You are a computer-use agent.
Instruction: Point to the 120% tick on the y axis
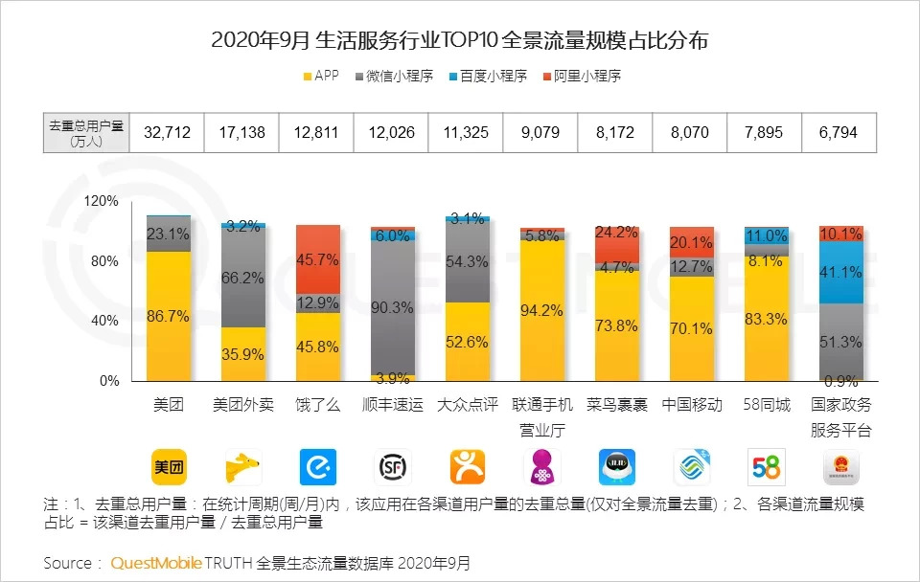[101, 201]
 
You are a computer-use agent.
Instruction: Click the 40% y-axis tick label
[103, 321]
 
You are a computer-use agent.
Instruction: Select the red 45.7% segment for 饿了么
[317, 258]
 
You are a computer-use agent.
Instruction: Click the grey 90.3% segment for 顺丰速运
[392, 306]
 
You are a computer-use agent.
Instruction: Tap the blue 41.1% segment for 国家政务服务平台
[840, 272]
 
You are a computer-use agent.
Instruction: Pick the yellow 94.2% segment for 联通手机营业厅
[541, 310]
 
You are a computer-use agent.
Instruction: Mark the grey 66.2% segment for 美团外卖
[242, 278]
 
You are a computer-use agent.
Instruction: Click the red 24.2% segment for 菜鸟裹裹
[616, 244]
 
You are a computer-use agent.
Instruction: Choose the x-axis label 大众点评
[467, 405]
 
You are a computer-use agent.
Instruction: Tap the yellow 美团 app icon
[168, 467]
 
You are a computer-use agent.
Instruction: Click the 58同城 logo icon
[766, 467]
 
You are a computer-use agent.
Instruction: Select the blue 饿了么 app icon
[317, 467]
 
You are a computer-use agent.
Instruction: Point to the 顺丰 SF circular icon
[392, 467]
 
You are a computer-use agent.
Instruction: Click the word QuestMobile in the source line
[155, 563]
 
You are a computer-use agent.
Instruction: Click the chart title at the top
[460, 41]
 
